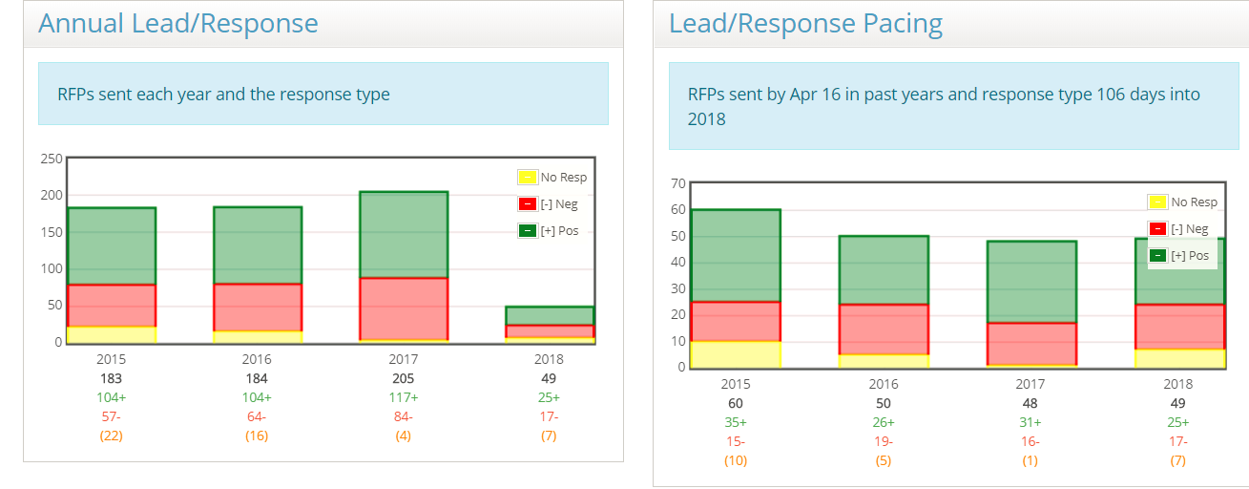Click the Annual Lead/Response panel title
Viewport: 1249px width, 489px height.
(178, 24)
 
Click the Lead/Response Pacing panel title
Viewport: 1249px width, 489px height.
(805, 24)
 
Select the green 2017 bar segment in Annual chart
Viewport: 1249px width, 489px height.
(404, 235)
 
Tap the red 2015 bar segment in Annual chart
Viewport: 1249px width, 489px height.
(112, 306)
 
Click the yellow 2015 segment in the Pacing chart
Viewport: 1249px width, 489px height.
(736, 354)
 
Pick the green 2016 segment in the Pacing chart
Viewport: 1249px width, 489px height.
(884, 269)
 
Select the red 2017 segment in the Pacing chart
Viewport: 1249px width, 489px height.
(1031, 344)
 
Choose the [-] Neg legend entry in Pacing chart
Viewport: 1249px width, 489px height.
(1182, 229)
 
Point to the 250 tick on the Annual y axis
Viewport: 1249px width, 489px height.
(51, 159)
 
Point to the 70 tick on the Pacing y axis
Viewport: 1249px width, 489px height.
(678, 183)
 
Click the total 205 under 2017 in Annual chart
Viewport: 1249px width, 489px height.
(403, 378)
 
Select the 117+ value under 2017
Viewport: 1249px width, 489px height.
(403, 397)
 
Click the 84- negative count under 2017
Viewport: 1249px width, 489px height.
(403, 416)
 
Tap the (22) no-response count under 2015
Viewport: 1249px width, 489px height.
(111, 436)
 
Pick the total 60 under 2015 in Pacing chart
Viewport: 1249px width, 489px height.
(736, 403)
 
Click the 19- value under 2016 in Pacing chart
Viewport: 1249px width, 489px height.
(884, 441)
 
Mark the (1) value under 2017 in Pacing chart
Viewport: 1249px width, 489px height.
(1031, 460)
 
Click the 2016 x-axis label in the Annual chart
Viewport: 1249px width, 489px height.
(257, 359)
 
